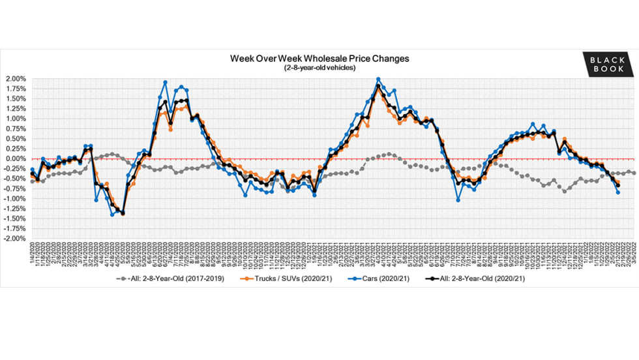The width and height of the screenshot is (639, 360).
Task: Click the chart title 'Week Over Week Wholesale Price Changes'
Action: click(x=319, y=58)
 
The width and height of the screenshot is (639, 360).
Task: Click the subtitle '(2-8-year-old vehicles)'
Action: click(x=319, y=68)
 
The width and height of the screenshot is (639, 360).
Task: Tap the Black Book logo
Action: click(x=607, y=63)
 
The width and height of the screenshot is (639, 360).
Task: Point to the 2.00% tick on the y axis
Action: click(x=16, y=79)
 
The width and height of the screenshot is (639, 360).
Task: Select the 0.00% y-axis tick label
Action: click(x=16, y=158)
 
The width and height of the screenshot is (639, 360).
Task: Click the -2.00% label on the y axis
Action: click(x=15, y=239)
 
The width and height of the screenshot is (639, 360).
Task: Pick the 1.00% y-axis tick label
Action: click(x=16, y=119)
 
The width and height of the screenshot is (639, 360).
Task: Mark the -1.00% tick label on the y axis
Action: click(x=15, y=199)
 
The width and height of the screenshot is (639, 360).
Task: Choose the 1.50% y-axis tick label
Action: click(x=16, y=99)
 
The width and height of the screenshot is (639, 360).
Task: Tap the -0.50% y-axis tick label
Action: click(x=15, y=179)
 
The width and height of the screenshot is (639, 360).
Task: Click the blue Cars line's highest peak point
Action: click(x=378, y=80)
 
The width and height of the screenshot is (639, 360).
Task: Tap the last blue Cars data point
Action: click(x=617, y=192)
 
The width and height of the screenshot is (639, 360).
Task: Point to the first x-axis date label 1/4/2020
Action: click(x=33, y=252)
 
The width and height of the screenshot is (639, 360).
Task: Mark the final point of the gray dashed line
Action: click(x=634, y=172)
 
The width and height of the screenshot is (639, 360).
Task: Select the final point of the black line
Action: click(x=617, y=186)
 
